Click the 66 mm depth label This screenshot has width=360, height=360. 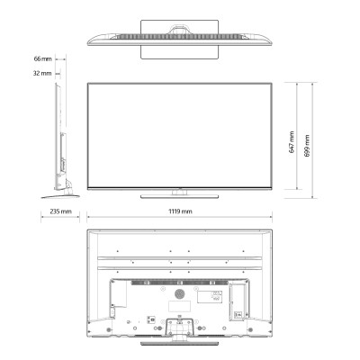pyautogui.click(x=42, y=58)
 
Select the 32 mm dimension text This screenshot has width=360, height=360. pyautogui.click(x=42, y=73)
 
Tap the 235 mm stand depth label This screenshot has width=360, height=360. pyautogui.click(x=60, y=211)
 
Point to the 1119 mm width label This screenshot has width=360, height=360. pyautogui.click(x=180, y=211)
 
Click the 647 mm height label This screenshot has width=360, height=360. pyautogui.click(x=292, y=142)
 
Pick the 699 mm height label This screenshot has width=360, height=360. pyautogui.click(x=307, y=146)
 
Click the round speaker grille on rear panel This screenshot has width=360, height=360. pyautogui.click(x=180, y=293)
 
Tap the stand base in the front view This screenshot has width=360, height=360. pyautogui.click(x=179, y=197)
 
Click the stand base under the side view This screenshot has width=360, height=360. pyautogui.click(x=60, y=197)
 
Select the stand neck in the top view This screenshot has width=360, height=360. pyautogui.click(x=180, y=30)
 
